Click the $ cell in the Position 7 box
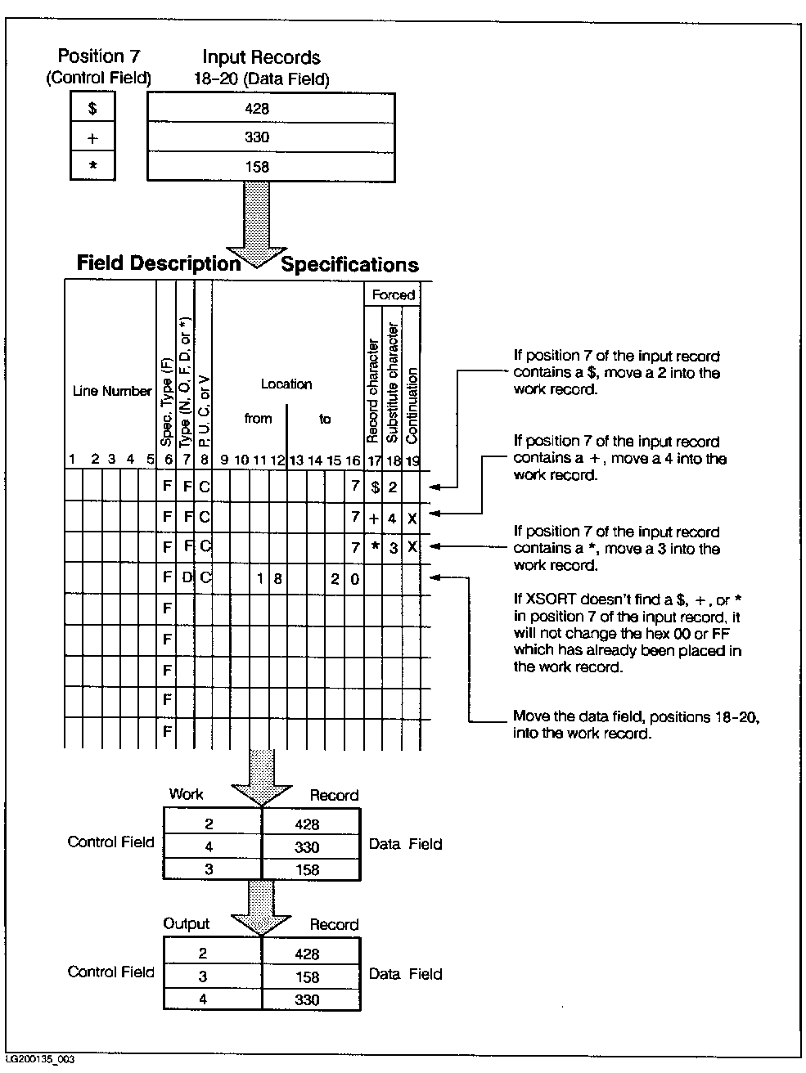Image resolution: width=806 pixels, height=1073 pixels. [x=92, y=108]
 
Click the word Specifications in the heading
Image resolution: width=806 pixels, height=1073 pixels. [x=349, y=265]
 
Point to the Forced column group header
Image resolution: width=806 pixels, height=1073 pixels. [x=393, y=295]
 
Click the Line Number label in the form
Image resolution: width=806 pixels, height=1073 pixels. [x=112, y=391]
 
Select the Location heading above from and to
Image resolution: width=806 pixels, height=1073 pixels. [x=286, y=384]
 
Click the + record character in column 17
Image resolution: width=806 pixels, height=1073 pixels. [x=374, y=518]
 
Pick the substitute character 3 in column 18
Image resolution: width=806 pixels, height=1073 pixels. [x=394, y=548]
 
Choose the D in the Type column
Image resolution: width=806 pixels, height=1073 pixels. [x=187, y=578]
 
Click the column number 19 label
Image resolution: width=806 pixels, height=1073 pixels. [x=412, y=461]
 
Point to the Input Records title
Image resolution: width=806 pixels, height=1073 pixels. [x=261, y=57]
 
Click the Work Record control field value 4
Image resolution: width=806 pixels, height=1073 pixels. [x=209, y=847]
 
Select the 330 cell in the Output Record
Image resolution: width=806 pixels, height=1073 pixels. [x=308, y=999]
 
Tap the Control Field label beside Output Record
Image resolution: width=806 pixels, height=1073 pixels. [x=110, y=972]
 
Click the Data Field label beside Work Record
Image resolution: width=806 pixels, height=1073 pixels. [x=405, y=844]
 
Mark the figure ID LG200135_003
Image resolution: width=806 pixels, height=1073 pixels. [x=40, y=1060]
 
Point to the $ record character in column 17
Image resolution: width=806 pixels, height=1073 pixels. [x=374, y=487]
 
